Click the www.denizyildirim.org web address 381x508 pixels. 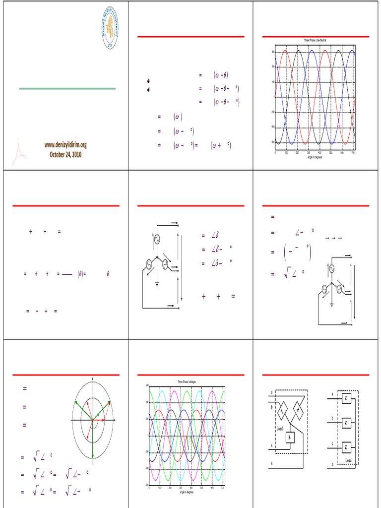[65, 145]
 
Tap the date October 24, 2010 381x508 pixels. [65, 154]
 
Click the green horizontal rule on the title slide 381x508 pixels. [67, 89]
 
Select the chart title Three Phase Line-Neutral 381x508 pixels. [315, 40]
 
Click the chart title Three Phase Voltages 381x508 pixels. [187, 381]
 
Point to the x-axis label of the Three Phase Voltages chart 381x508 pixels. [187, 492]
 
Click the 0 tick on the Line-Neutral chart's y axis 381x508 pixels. [273, 97]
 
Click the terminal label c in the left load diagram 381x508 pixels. [271, 444]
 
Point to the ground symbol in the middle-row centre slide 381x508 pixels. [157, 284]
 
